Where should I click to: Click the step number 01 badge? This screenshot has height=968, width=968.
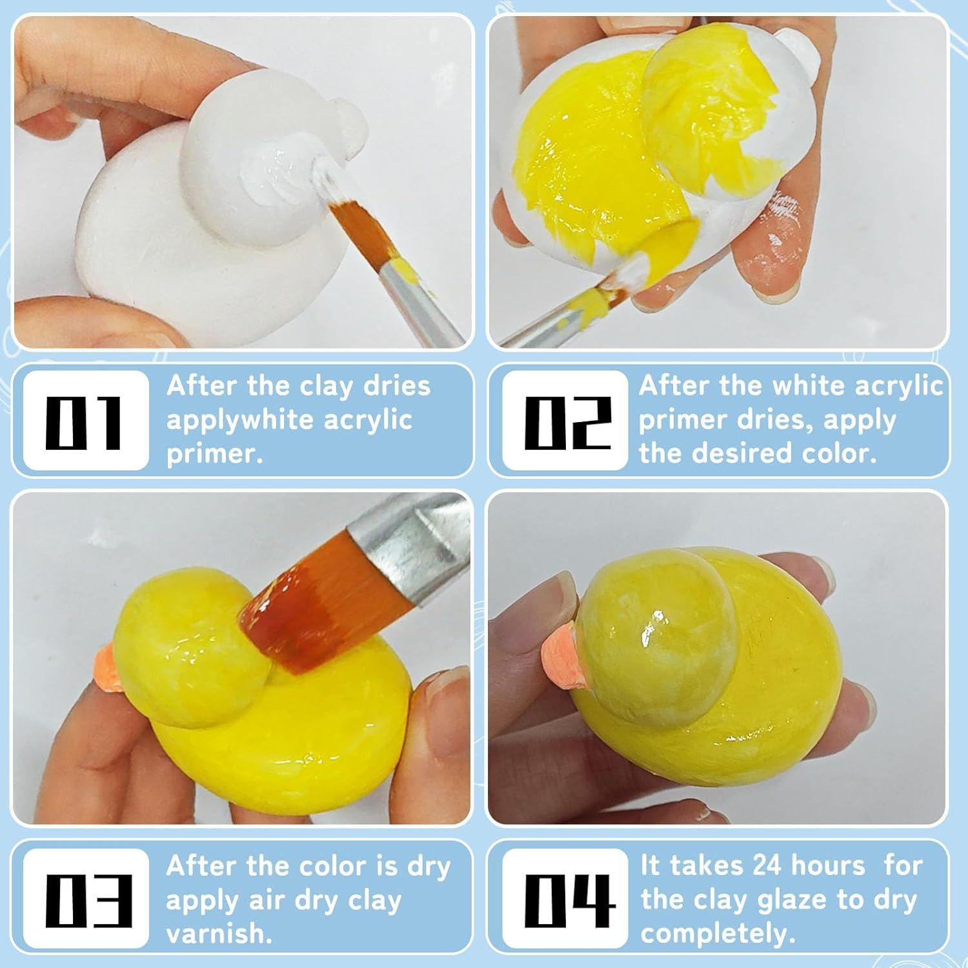pyautogui.click(x=85, y=421)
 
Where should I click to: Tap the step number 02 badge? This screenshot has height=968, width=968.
pyautogui.click(x=565, y=421)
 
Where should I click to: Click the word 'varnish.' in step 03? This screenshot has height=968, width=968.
pyautogui.click(x=219, y=934)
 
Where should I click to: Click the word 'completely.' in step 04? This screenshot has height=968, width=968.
pyautogui.click(x=717, y=934)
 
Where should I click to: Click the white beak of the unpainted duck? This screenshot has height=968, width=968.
pyautogui.click(x=347, y=126)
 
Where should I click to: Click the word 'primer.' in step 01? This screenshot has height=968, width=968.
pyautogui.click(x=214, y=454)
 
